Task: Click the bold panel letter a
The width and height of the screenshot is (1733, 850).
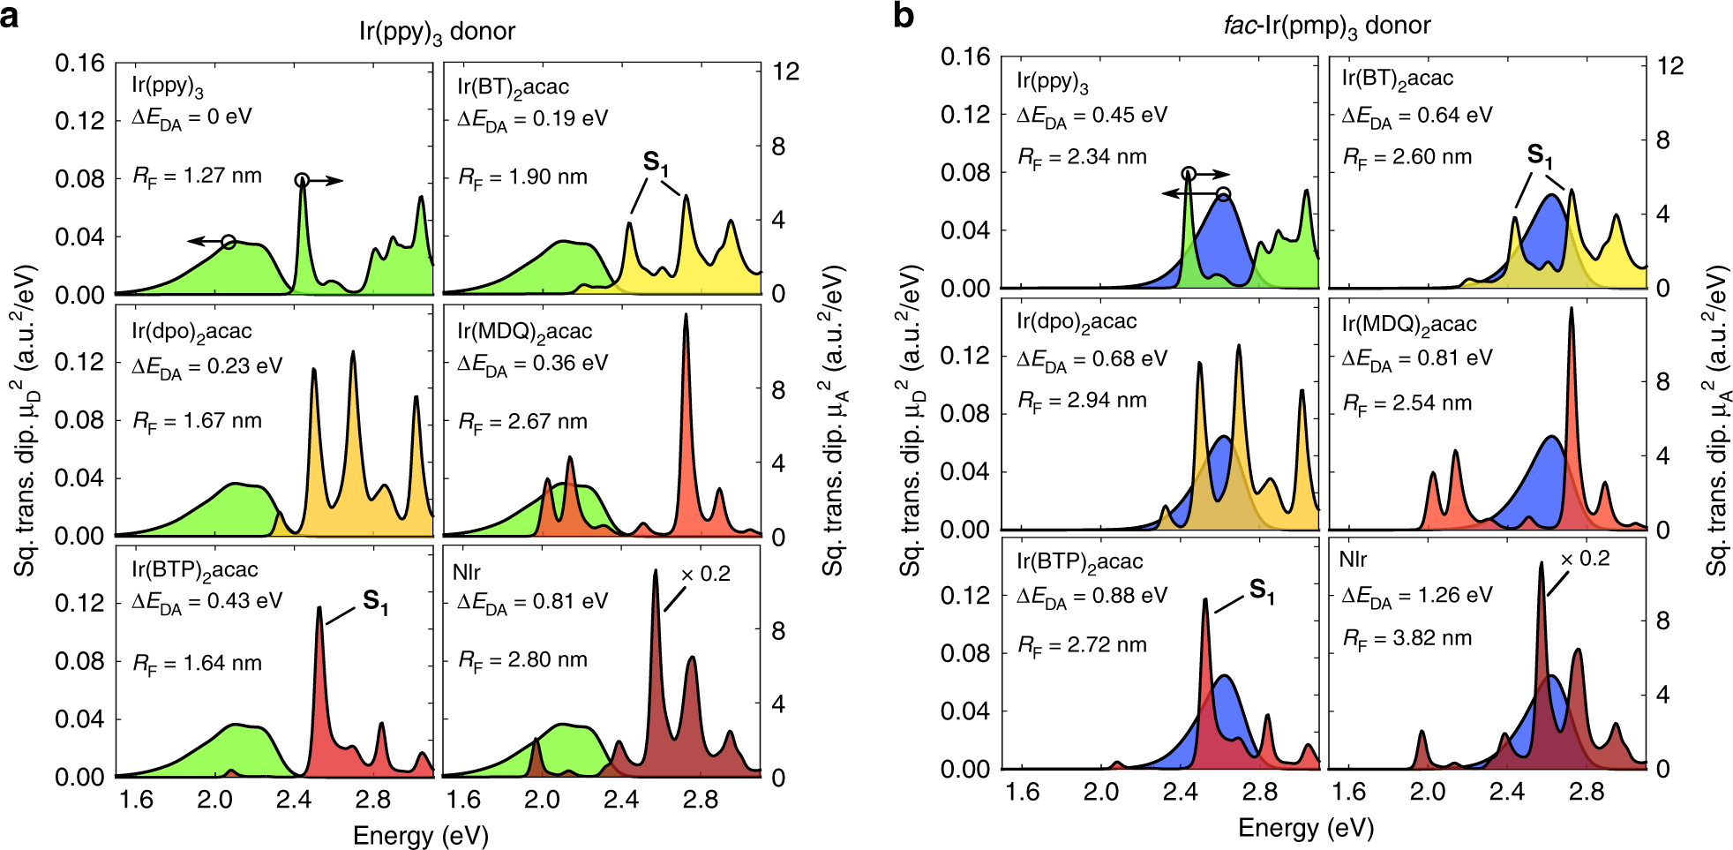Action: click(x=10, y=15)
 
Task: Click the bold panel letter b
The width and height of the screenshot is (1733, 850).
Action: click(x=904, y=15)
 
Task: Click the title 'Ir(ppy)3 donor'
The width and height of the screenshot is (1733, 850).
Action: click(x=436, y=32)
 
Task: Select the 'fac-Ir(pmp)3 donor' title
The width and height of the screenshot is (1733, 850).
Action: click(x=1326, y=26)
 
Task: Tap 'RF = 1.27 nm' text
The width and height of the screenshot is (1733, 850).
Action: click(x=198, y=176)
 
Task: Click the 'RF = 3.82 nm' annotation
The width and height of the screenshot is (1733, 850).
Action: click(x=1407, y=638)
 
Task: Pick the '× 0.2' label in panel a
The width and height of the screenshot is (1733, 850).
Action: click(x=706, y=574)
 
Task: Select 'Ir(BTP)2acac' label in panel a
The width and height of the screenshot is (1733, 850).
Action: click(x=195, y=571)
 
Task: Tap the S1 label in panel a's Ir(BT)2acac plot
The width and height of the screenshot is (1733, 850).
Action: click(x=656, y=162)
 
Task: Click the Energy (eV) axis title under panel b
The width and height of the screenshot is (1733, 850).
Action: click(x=1306, y=827)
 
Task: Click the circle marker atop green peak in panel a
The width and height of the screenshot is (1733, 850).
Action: click(x=302, y=180)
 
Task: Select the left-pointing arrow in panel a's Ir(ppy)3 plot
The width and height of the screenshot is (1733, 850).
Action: click(x=203, y=241)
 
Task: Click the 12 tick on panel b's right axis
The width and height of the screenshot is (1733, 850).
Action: click(x=1669, y=66)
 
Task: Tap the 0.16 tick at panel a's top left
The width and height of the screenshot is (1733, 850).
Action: click(x=79, y=64)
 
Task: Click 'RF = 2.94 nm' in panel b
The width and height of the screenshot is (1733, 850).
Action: click(x=1083, y=401)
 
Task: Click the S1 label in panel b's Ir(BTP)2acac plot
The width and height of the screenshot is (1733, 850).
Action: click(x=1262, y=590)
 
